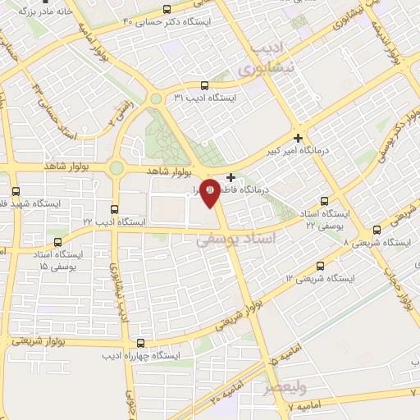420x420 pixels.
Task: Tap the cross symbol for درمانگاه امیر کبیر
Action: tap(298, 138)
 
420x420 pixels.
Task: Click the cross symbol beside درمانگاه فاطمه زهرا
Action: tap(231, 177)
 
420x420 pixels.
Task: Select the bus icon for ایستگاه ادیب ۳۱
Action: tap(204, 84)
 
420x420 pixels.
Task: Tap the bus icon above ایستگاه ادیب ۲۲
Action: tap(114, 209)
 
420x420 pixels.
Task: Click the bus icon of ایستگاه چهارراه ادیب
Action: tap(141, 343)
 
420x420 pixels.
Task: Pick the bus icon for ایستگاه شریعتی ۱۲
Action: tap(320, 267)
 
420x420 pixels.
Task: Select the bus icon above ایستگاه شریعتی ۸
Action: tap(377, 230)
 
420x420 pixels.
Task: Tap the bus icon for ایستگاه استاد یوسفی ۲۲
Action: tap(324, 200)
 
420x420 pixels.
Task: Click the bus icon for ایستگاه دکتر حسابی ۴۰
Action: tap(167, 8)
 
